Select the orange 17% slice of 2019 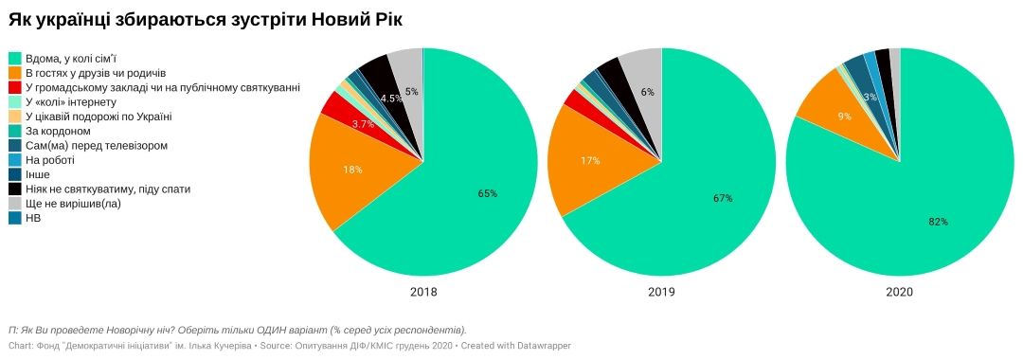[592, 161]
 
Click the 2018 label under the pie [423, 293]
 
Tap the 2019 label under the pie [661, 293]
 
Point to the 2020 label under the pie [899, 293]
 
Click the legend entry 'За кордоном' [58, 131]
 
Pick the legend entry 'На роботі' [53, 160]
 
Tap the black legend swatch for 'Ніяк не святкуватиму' [15, 189]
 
